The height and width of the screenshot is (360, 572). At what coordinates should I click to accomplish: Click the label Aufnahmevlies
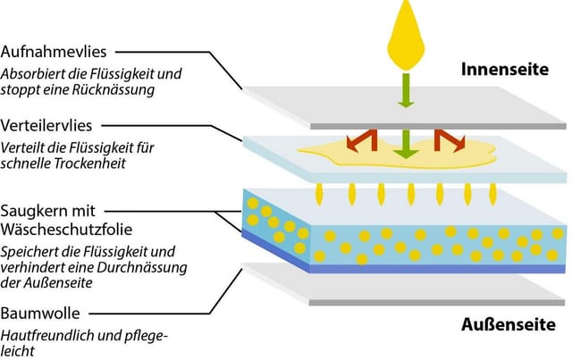click(x=54, y=52)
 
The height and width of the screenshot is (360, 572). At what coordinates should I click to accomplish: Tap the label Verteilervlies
click(x=46, y=125)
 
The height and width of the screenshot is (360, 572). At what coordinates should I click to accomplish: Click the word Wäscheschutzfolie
click(x=66, y=230)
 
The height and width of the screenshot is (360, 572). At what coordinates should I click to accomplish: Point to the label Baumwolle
click(x=40, y=313)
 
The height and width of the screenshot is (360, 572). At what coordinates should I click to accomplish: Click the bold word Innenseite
click(x=505, y=70)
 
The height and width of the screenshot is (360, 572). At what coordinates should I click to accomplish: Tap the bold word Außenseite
click(x=509, y=324)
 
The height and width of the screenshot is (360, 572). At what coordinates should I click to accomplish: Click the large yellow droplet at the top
click(x=406, y=35)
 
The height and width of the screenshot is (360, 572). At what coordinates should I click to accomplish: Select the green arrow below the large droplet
click(x=406, y=90)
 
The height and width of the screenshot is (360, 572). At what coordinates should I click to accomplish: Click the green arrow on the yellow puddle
click(x=406, y=144)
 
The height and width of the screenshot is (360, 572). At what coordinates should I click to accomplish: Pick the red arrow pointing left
click(x=362, y=141)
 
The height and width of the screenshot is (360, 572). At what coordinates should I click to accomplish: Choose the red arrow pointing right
click(x=450, y=141)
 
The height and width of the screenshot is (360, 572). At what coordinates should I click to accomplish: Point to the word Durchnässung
click(x=141, y=268)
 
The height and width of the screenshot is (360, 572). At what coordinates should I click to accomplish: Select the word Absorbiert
click(x=29, y=74)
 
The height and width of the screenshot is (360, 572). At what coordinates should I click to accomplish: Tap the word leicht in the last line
click(x=18, y=351)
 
